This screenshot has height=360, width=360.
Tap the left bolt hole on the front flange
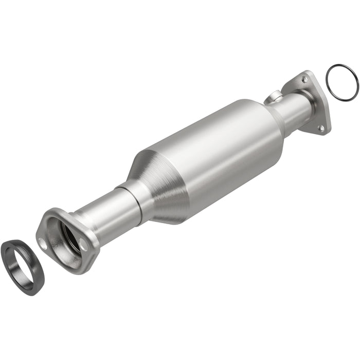click(x=43, y=243)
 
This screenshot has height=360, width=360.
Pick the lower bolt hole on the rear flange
click(x=321, y=128)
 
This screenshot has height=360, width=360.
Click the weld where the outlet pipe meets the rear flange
click(x=309, y=105)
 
